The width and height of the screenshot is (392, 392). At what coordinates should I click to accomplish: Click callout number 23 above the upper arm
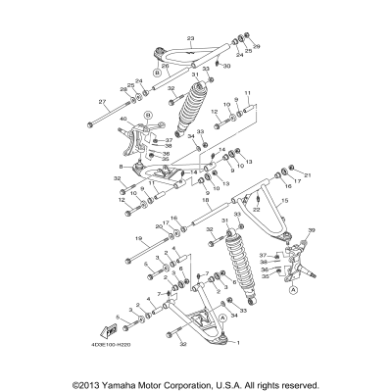(x=191, y=37)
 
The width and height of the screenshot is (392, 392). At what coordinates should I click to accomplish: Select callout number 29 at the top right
(x=258, y=46)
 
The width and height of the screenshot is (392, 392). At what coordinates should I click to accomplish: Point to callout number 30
(x=226, y=66)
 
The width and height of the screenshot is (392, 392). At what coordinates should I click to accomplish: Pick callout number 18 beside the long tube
(x=204, y=199)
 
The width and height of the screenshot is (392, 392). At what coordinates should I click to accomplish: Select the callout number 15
(x=286, y=200)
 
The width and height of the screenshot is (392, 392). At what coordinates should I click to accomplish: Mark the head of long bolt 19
(x=129, y=260)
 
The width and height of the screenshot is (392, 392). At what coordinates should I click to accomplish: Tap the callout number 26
(x=164, y=66)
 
